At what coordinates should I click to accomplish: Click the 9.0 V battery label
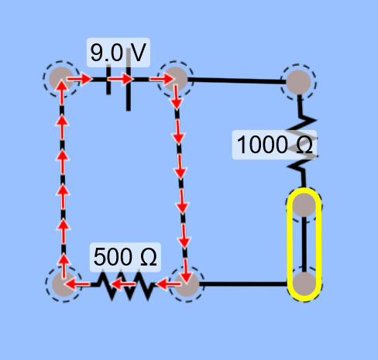[119, 53]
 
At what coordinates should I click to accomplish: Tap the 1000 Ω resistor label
[274, 145]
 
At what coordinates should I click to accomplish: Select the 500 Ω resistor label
[125, 257]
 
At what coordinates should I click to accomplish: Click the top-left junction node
[61, 79]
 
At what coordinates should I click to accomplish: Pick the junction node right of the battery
[176, 79]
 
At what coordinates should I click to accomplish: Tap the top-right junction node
[298, 82]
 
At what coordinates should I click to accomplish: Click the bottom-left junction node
[64, 284]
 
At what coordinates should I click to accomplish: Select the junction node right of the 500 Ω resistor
[187, 284]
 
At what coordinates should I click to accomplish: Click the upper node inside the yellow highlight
[304, 205]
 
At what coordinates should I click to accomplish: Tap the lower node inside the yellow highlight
[304, 283]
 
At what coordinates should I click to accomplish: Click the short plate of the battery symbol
[108, 80]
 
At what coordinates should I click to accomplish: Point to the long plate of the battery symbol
[129, 80]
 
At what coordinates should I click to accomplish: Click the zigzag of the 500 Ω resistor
[125, 285]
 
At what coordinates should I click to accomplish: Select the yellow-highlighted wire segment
[304, 245]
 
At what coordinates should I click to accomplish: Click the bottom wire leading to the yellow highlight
[243, 284]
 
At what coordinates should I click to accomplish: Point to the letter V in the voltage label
[138, 53]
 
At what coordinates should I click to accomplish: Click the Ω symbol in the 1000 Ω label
[304, 145]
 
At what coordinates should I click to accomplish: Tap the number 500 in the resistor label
[113, 257]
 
